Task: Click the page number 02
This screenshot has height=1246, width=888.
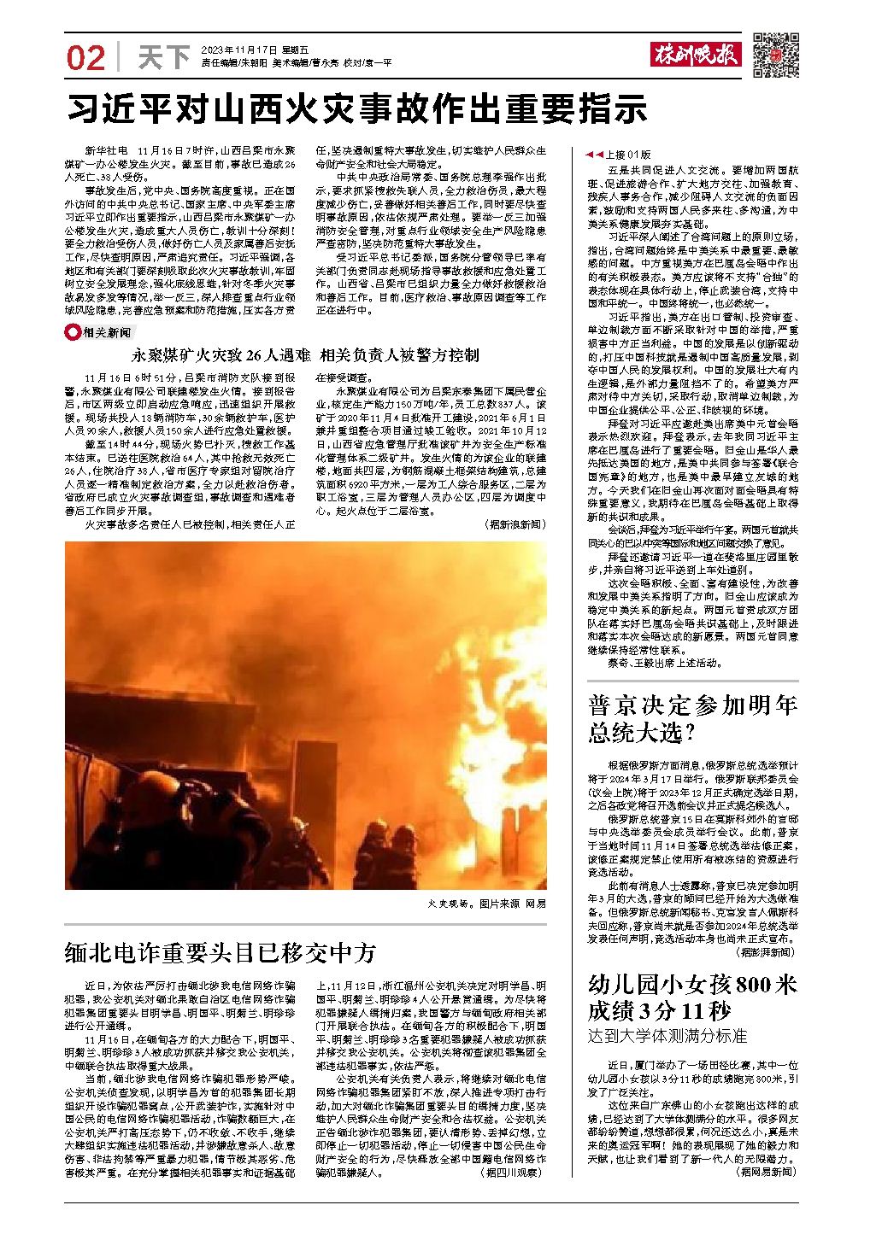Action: (85, 57)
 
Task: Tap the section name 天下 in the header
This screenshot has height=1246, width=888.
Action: (163, 57)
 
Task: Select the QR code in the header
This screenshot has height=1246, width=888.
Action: (775, 55)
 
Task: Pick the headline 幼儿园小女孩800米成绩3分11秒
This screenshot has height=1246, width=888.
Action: (692, 997)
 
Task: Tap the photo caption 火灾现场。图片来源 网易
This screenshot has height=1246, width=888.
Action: (487, 903)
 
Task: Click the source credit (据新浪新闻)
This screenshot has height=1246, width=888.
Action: (514, 524)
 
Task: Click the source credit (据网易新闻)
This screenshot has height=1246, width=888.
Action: (766, 1173)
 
